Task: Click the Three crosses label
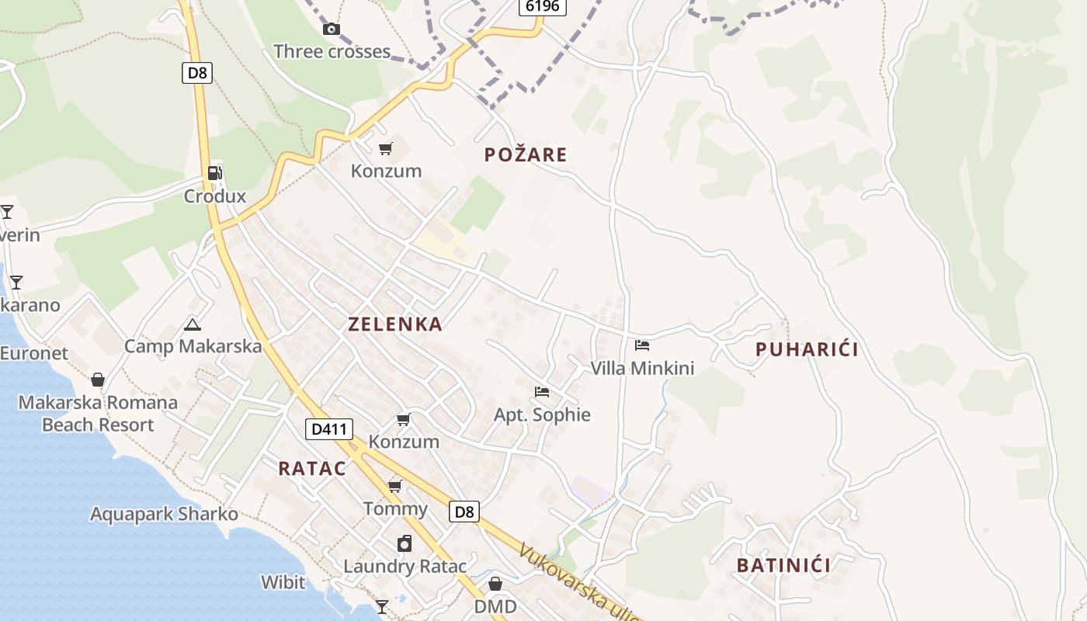[332, 52]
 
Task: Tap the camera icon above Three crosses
[332, 29]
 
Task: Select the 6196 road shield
[542, 6]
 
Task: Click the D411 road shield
[329, 428]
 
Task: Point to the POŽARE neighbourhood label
[526, 154]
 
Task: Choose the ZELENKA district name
[395, 324]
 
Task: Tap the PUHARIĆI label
[807, 349]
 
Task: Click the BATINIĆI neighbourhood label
[783, 565]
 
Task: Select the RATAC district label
[312, 468]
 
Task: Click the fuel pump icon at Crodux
[215, 173]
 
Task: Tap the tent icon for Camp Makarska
[193, 324]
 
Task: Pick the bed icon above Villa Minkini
[642, 345]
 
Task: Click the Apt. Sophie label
[542, 415]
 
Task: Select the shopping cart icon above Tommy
[395, 487]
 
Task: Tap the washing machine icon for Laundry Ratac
[405, 543]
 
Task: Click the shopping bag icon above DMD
[495, 584]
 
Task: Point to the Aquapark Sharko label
[164, 514]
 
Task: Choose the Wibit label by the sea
[283, 581]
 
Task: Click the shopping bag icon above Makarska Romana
[98, 380]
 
